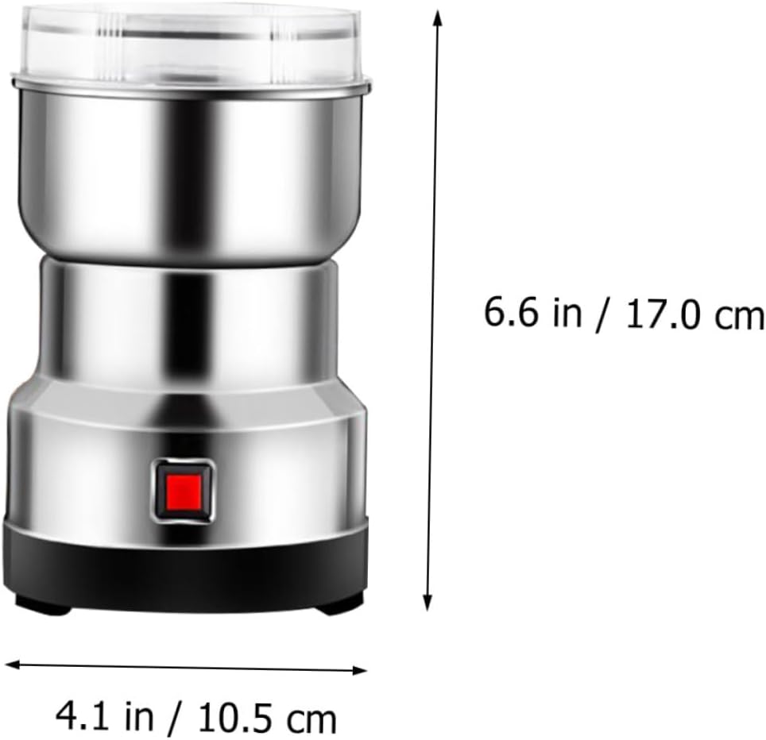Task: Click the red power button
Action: [183, 489]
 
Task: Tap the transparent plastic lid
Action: [191, 40]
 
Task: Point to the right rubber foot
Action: [339, 606]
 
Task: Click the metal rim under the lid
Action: [191, 83]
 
